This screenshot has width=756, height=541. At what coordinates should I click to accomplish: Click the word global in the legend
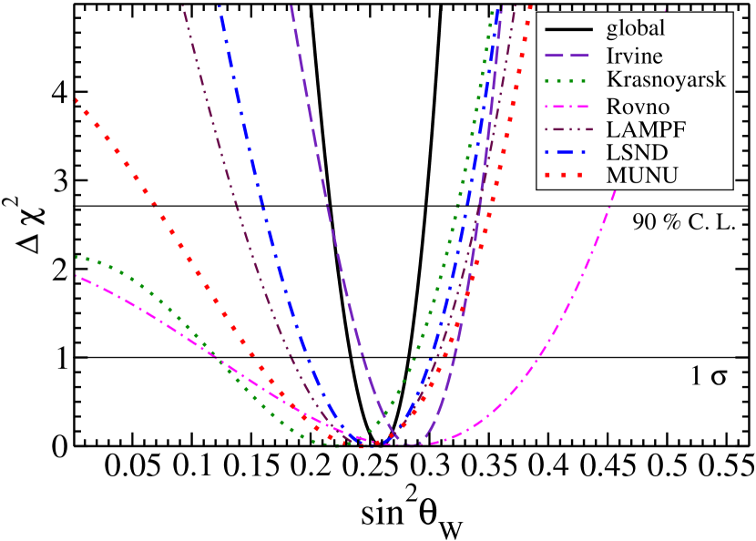pyautogui.click(x=636, y=28)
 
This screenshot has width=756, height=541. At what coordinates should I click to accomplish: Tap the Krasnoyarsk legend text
pyautogui.click(x=666, y=79)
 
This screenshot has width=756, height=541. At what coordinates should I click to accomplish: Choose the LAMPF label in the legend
pyautogui.click(x=646, y=128)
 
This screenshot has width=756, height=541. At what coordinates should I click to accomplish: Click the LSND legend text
pyautogui.click(x=639, y=151)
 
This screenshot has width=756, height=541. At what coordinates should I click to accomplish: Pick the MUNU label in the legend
pyautogui.click(x=642, y=176)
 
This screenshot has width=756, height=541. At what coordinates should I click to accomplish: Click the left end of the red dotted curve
pyautogui.click(x=77, y=100)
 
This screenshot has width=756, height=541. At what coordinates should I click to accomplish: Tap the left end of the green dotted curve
pyautogui.click(x=78, y=258)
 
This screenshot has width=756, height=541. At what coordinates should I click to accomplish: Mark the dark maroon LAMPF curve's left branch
pyautogui.click(x=228, y=182)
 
